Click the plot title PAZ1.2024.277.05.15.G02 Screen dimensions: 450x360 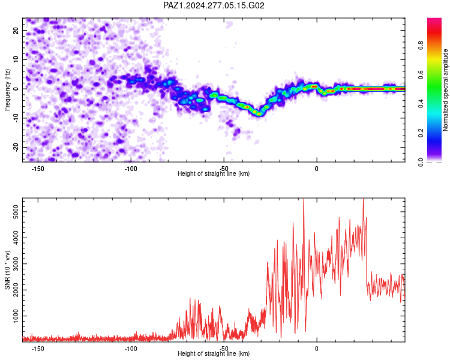pyautogui.click(x=214, y=5)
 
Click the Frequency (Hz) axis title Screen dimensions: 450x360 pyautogui.click(x=7, y=90)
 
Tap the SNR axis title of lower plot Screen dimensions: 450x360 pyautogui.click(x=7, y=270)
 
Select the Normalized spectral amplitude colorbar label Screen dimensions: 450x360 pyautogui.click(x=445, y=90)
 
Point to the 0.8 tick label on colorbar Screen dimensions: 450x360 pyautogui.click(x=421, y=46)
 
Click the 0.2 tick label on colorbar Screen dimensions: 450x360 pyautogui.click(x=421, y=133)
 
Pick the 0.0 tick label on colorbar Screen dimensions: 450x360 pyautogui.click(x=421, y=162)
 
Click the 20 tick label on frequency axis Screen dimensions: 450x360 pyautogui.click(x=16, y=30)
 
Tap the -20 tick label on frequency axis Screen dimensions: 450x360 pyautogui.click(x=16, y=147)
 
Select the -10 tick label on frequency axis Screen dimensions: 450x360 pyautogui.click(x=16, y=118)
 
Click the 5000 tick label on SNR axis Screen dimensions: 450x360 pyautogui.click(x=16, y=212)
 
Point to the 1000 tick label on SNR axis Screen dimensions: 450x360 pyautogui.click(x=16, y=316)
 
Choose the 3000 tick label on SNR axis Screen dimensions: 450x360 pyautogui.click(x=16, y=264)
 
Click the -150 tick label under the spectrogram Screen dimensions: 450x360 pyautogui.click(x=38, y=169)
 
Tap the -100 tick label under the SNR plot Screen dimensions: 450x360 pyautogui.click(x=131, y=349)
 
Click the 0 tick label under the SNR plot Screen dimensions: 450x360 pyautogui.click(x=317, y=349)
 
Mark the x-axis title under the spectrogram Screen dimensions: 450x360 pyautogui.click(x=214, y=173)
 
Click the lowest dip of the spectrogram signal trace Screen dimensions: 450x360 pyautogui.click(x=259, y=114)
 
